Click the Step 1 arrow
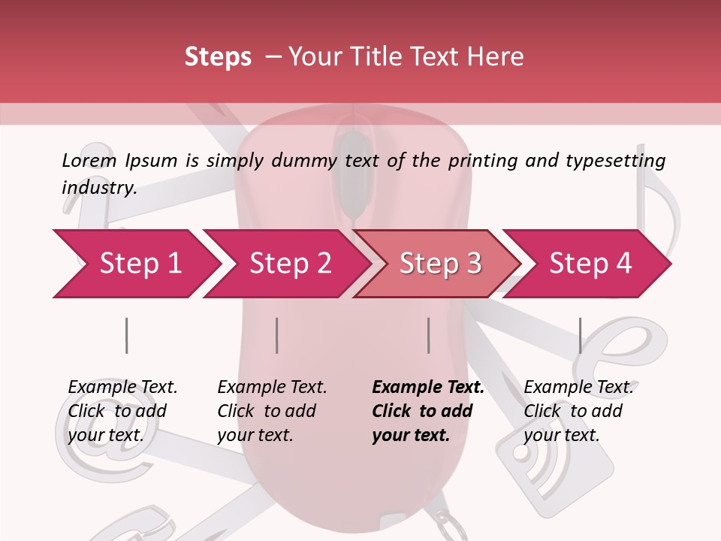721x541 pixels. coord(135,264)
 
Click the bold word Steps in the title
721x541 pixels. coord(218,57)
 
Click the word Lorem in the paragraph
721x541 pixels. coord(89,160)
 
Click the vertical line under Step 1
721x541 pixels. coord(126,335)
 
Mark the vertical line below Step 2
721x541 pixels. coord(277,335)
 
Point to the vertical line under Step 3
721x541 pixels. coord(428,335)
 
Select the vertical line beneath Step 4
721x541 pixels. coord(580,335)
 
